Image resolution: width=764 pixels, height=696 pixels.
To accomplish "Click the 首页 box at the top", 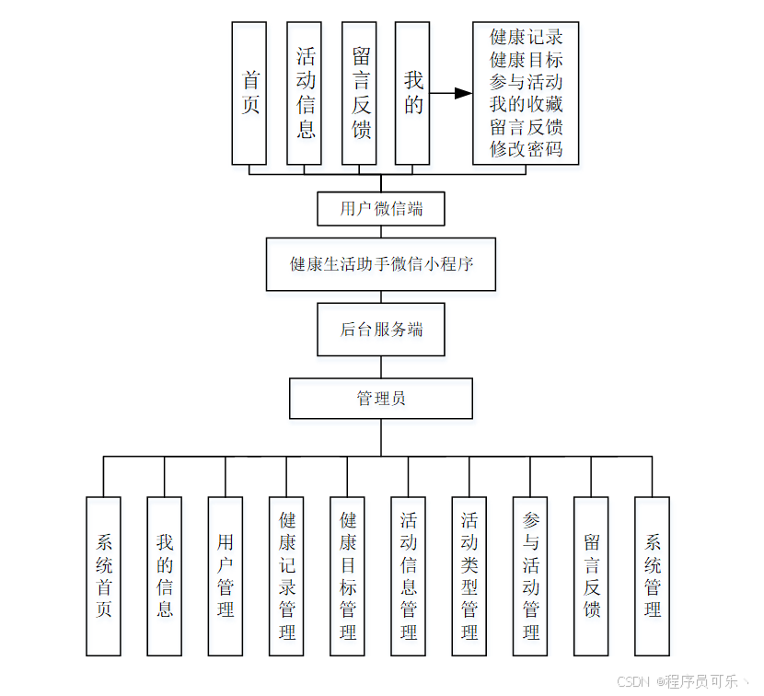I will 249,93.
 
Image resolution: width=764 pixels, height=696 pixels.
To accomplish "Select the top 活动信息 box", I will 305,93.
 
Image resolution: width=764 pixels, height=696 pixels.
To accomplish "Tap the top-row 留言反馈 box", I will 359,93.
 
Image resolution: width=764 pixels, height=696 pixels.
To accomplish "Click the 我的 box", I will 413,93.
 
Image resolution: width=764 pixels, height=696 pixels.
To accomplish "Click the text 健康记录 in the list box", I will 526,38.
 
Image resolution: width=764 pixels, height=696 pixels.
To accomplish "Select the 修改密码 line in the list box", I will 526,149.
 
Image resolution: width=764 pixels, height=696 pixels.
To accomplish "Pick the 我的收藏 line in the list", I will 526,105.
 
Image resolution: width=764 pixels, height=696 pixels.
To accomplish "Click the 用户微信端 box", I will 381,209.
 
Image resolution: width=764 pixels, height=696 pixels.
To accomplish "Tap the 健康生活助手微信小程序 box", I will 381,264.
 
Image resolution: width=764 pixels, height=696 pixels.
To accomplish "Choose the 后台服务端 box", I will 381,330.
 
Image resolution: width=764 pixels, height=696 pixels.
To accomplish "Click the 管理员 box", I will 381,399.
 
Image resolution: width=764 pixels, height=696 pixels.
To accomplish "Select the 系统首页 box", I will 103,575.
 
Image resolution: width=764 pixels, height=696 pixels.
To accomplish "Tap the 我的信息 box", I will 165,575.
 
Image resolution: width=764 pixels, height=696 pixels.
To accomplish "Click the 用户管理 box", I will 226,575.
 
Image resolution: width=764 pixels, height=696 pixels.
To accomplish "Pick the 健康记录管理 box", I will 286,575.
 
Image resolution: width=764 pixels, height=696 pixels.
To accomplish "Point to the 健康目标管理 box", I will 347,575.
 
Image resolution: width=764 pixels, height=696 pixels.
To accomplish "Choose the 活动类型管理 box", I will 469,575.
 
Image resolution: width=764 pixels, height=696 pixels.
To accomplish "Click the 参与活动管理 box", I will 530,575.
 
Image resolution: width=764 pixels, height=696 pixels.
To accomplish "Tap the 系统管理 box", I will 652,575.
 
